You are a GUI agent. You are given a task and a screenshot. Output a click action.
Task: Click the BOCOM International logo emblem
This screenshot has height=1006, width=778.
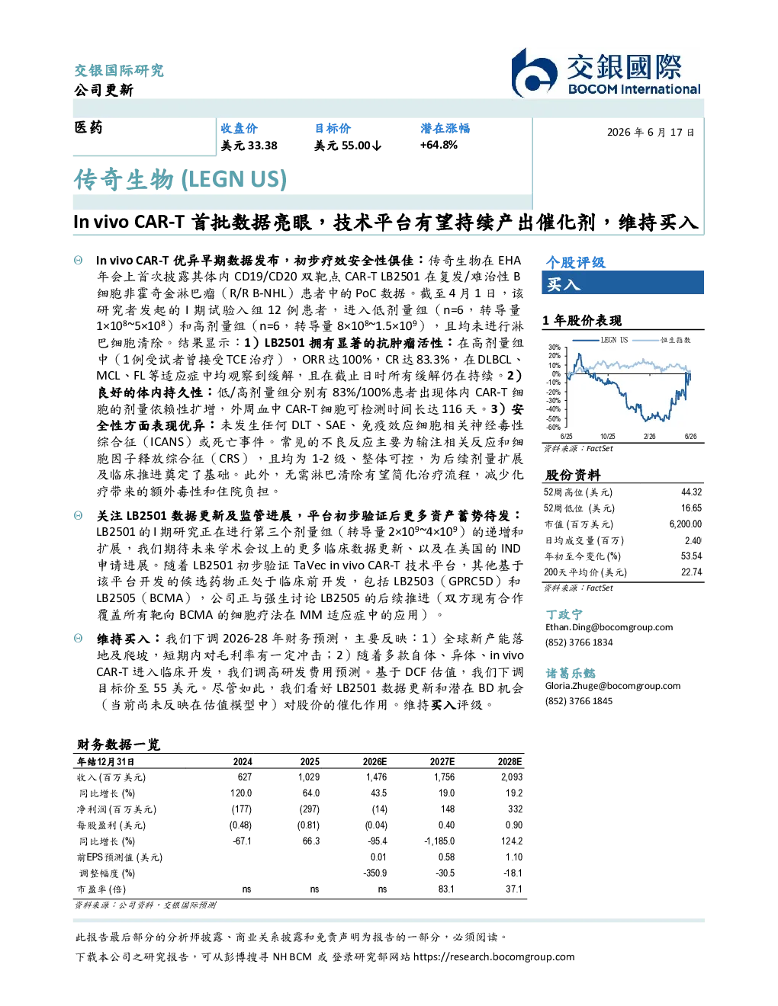coord(534,73)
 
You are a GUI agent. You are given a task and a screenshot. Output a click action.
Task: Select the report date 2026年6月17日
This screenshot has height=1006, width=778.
coord(650,133)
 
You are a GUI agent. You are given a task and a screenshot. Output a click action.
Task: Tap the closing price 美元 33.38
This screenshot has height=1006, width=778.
coord(249,146)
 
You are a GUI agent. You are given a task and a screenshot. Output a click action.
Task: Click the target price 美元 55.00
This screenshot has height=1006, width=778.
coord(348,146)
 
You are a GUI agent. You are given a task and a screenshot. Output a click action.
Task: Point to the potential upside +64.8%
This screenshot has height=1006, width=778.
coord(439,146)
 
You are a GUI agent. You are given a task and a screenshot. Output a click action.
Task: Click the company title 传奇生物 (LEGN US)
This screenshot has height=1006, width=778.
coord(180,179)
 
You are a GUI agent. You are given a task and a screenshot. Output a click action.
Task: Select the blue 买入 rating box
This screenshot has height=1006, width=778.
coord(622,284)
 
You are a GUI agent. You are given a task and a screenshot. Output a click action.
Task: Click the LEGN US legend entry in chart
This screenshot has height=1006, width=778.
coord(600,340)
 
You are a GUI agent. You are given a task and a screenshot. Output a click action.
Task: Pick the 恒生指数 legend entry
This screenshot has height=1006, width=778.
coord(662,340)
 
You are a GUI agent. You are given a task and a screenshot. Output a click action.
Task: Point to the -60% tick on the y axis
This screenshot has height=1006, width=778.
coord(555,428)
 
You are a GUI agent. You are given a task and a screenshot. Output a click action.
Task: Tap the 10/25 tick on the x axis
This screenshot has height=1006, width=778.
coord(607,436)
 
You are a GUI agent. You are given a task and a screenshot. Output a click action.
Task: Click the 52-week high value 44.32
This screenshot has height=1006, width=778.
coord(691,492)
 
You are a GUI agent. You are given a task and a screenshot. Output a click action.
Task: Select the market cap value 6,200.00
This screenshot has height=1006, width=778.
coord(685,524)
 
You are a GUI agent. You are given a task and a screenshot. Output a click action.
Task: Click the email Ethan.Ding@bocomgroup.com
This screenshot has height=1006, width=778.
coord(609,627)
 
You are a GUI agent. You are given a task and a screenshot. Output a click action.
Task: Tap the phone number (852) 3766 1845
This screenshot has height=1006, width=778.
coord(579,701)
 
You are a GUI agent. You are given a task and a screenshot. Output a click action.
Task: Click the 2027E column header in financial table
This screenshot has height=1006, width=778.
coord(442,761)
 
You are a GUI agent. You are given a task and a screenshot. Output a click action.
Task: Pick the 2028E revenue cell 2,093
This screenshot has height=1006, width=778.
coord(512,777)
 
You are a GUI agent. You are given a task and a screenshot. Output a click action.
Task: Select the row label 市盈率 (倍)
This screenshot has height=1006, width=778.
coord(101,889)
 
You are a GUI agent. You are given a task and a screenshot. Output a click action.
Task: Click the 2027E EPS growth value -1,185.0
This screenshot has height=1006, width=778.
coord(439,841)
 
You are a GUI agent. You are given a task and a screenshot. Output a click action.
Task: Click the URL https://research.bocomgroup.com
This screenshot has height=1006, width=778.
coord(494,957)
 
